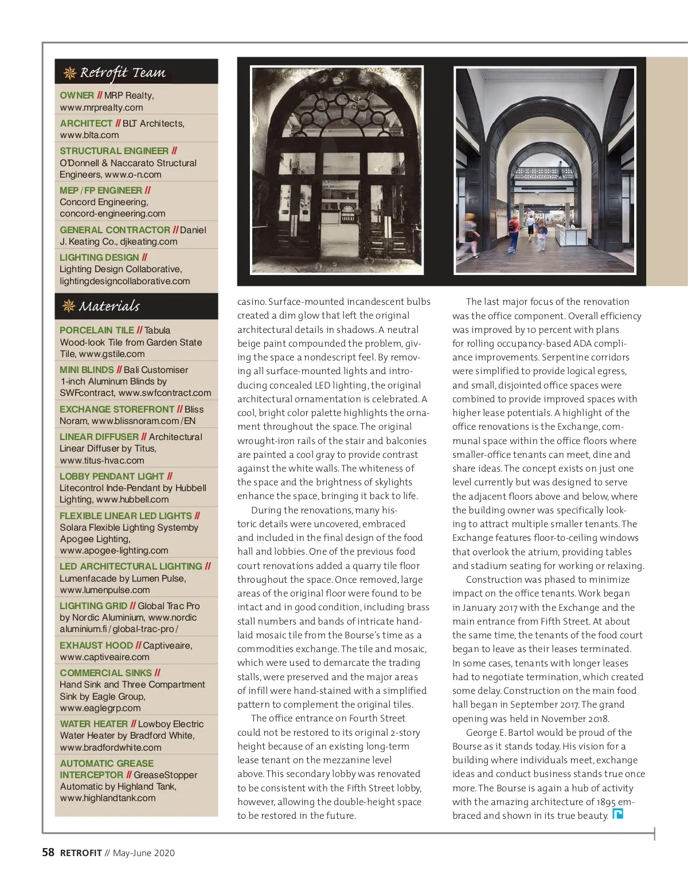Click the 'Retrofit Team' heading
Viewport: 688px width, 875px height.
pyautogui.click(x=122, y=73)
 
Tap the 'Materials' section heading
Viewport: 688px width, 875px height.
pyautogui.click(x=109, y=306)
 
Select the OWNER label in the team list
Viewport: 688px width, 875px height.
pyautogui.click(x=77, y=96)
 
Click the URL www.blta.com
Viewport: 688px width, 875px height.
pyautogui.click(x=89, y=135)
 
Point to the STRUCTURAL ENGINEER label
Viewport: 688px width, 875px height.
pyautogui.click(x=114, y=151)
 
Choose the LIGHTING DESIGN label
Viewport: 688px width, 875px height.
pyautogui.click(x=99, y=257)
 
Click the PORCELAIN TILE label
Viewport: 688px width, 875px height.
pyautogui.click(x=97, y=330)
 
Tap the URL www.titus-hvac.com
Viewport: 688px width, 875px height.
pyautogui.click(x=102, y=460)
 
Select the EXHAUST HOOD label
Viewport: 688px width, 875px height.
pyautogui.click(x=96, y=645)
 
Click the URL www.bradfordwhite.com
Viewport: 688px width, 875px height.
pyautogui.click(x=111, y=747)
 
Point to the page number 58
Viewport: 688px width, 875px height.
pyautogui.click(x=48, y=853)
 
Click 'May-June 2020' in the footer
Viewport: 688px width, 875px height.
pyautogui.click(x=144, y=853)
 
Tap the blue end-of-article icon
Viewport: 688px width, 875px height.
pyautogui.click(x=617, y=814)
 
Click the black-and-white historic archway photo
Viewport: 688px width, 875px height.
pyautogui.click(x=337, y=170)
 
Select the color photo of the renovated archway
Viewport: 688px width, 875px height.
pyautogui.click(x=545, y=170)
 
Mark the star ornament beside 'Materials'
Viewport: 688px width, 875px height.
pyautogui.click(x=69, y=306)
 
